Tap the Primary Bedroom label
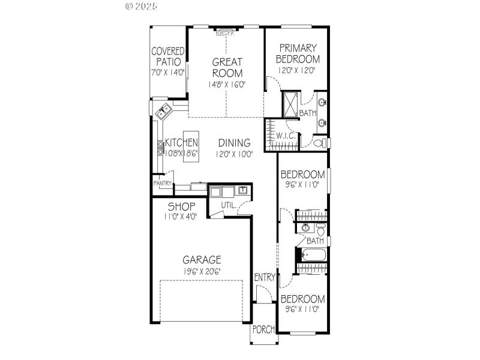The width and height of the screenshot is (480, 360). click(298, 53)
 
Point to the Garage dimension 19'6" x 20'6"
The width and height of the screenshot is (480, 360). click(202, 271)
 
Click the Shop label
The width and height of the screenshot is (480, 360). click(181, 207)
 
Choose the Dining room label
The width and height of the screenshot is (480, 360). click(234, 143)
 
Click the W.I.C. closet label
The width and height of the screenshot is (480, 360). click(285, 136)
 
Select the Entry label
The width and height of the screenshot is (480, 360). click(265, 277)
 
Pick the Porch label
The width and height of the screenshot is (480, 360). click(263, 329)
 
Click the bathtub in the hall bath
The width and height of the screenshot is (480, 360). click(313, 254)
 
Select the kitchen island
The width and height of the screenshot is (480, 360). click(190, 143)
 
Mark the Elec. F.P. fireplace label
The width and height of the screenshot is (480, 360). click(226, 34)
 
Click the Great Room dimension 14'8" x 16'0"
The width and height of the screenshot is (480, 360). click(227, 85)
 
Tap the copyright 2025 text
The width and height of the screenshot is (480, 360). click(142, 7)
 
